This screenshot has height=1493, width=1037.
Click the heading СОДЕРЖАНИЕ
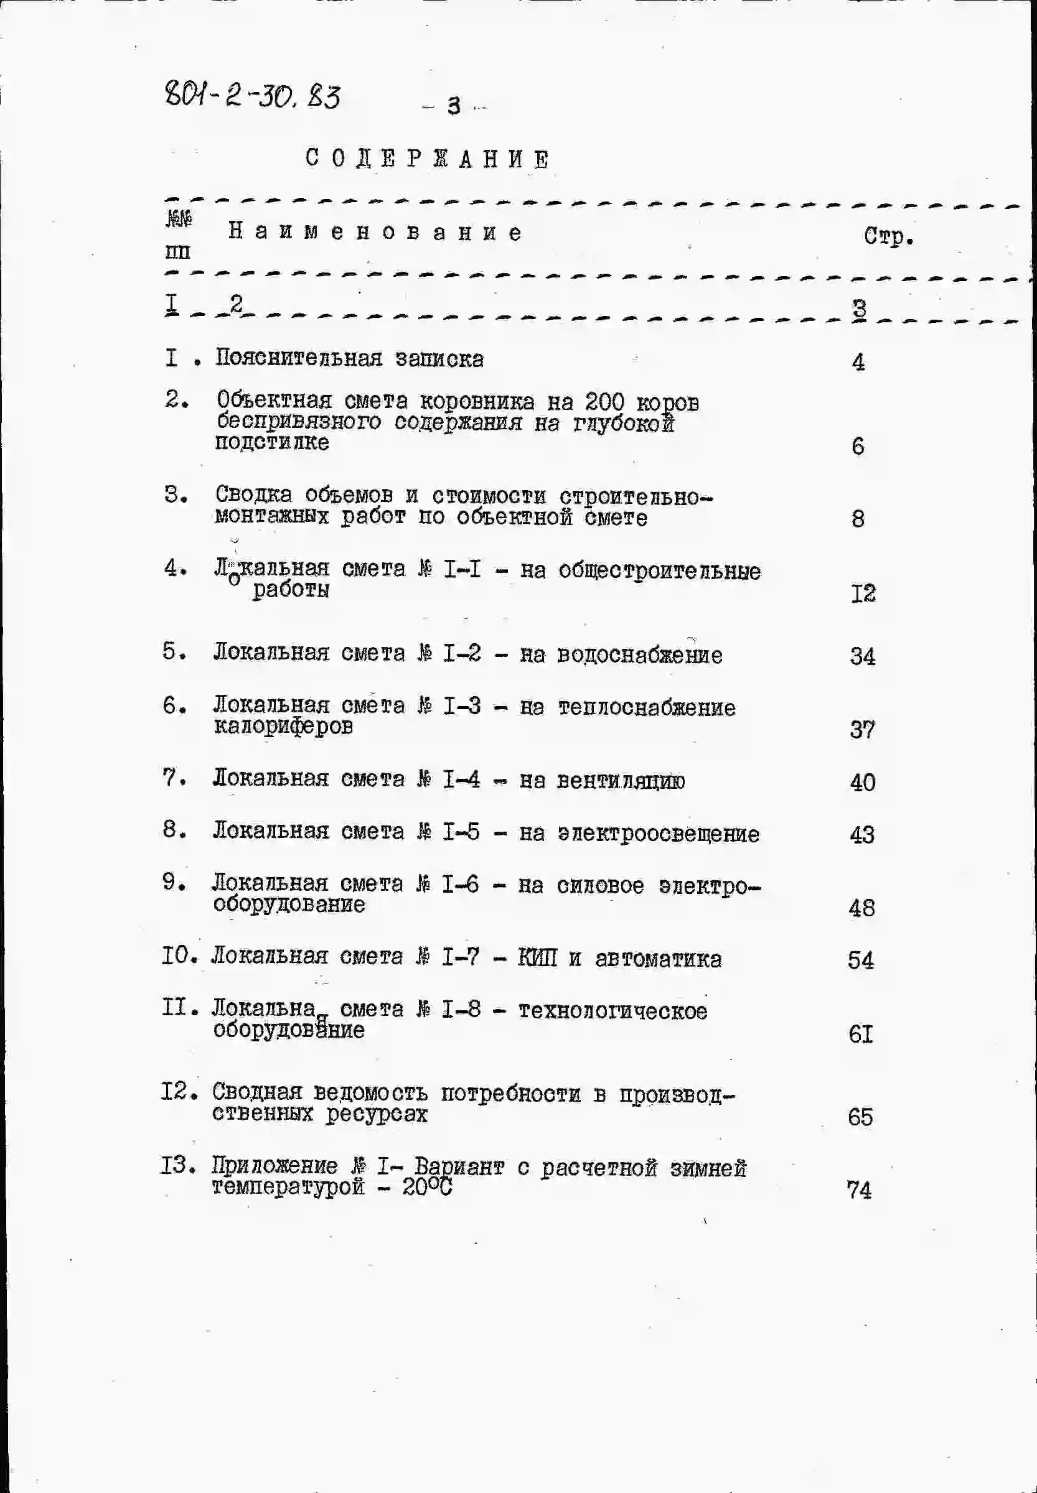tap(428, 159)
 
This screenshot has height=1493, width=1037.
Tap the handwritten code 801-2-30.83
tap(252, 97)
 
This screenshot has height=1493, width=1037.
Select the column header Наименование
tap(374, 232)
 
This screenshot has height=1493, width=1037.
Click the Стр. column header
tap(888, 236)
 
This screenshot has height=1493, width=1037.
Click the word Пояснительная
tap(299, 358)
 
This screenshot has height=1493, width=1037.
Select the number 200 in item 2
tap(604, 402)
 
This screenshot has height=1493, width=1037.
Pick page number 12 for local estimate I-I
tap(863, 593)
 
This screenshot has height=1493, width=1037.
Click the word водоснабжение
tap(639, 654)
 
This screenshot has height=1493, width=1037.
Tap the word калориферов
tap(283, 726)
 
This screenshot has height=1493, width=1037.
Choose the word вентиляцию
tap(621, 781)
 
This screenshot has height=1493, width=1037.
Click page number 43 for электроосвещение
tap(862, 834)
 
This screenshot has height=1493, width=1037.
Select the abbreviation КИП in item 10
tap(537, 958)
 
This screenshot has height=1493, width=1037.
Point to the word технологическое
tap(612, 1010)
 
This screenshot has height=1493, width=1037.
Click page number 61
tap(861, 1034)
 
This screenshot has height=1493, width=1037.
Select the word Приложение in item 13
tap(275, 1166)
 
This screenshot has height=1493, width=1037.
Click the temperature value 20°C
tap(426, 1187)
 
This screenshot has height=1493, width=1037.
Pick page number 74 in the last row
tap(859, 1189)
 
